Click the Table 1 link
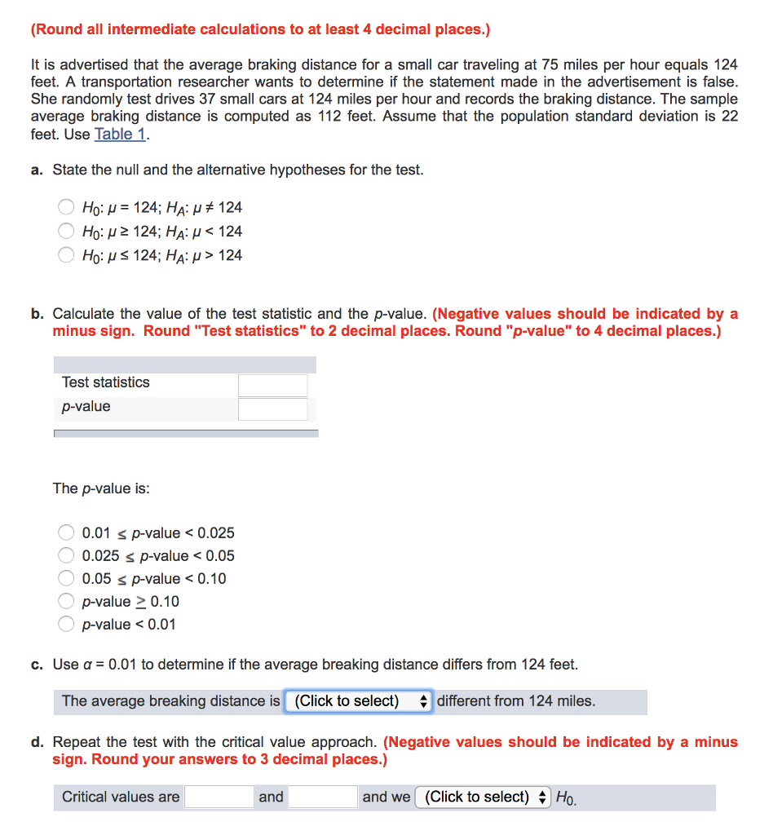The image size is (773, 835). point(121,134)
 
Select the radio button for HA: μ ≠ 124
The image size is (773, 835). point(67,208)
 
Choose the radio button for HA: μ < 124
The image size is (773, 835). point(67,232)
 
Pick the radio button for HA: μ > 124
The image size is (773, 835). point(67,255)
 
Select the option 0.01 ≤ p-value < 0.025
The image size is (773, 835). point(67,533)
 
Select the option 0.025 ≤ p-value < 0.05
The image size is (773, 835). point(67,556)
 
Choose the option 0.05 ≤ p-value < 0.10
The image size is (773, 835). point(67,579)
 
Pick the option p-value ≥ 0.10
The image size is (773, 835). point(67,602)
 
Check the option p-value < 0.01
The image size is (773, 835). point(67,625)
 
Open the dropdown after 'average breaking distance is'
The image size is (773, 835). point(358,701)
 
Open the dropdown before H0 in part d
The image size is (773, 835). point(484,797)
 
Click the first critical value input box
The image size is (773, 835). point(219,797)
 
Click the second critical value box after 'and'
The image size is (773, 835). point(323,797)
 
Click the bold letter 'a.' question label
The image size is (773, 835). point(38,170)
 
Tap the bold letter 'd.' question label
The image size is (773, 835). point(38,742)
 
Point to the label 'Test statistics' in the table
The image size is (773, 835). point(106,382)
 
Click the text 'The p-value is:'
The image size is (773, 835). point(101,488)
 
